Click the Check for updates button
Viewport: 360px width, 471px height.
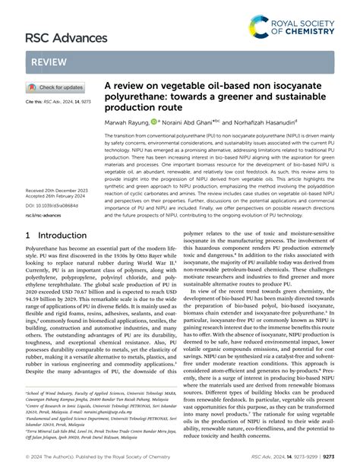60,89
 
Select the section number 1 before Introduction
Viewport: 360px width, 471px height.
29,215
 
